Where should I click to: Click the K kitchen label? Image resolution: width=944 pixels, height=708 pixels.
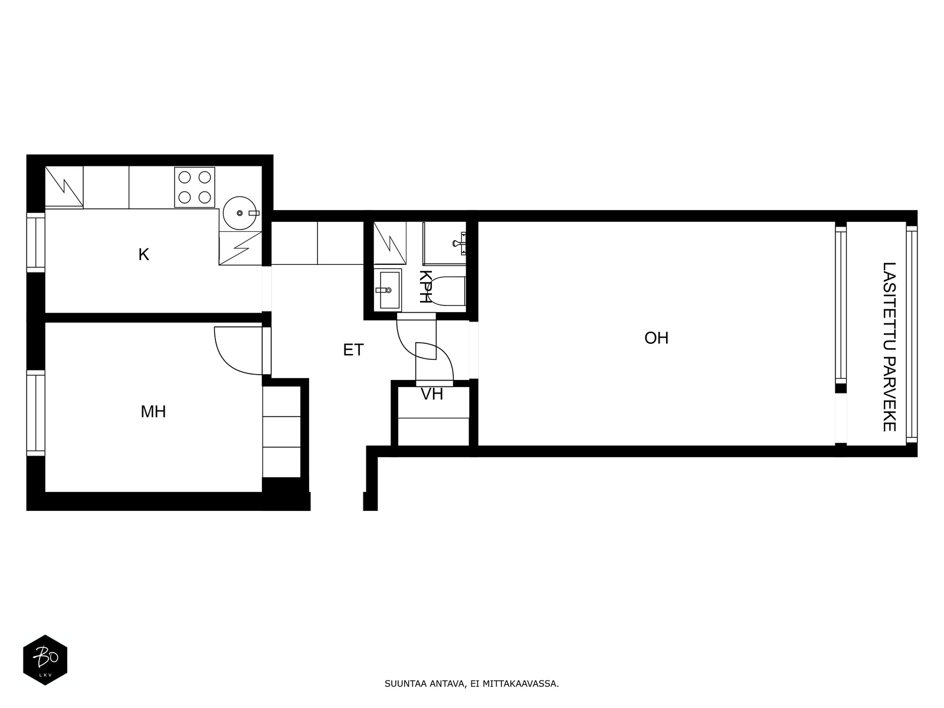(x=143, y=255)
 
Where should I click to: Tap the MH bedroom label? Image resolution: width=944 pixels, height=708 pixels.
(x=153, y=412)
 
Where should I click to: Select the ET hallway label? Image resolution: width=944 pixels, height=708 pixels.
(x=353, y=350)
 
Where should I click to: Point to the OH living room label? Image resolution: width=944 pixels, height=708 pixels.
(x=656, y=338)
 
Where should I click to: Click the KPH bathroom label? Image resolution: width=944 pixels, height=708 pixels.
(x=425, y=287)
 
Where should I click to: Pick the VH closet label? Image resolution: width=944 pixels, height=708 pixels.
(x=432, y=394)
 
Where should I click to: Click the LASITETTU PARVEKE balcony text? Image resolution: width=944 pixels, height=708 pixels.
(x=889, y=347)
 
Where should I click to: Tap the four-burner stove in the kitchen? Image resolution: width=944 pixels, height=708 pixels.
(x=194, y=187)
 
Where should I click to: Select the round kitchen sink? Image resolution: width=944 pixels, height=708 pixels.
(x=240, y=213)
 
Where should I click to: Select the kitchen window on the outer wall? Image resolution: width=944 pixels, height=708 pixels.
(x=36, y=242)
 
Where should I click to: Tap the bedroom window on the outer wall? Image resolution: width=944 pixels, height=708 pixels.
(x=36, y=412)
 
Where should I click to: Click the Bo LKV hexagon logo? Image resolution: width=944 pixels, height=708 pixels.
(x=45, y=660)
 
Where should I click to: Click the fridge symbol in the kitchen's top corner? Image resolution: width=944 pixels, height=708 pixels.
(x=64, y=187)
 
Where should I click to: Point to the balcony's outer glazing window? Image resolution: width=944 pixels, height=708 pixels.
(x=912, y=334)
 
